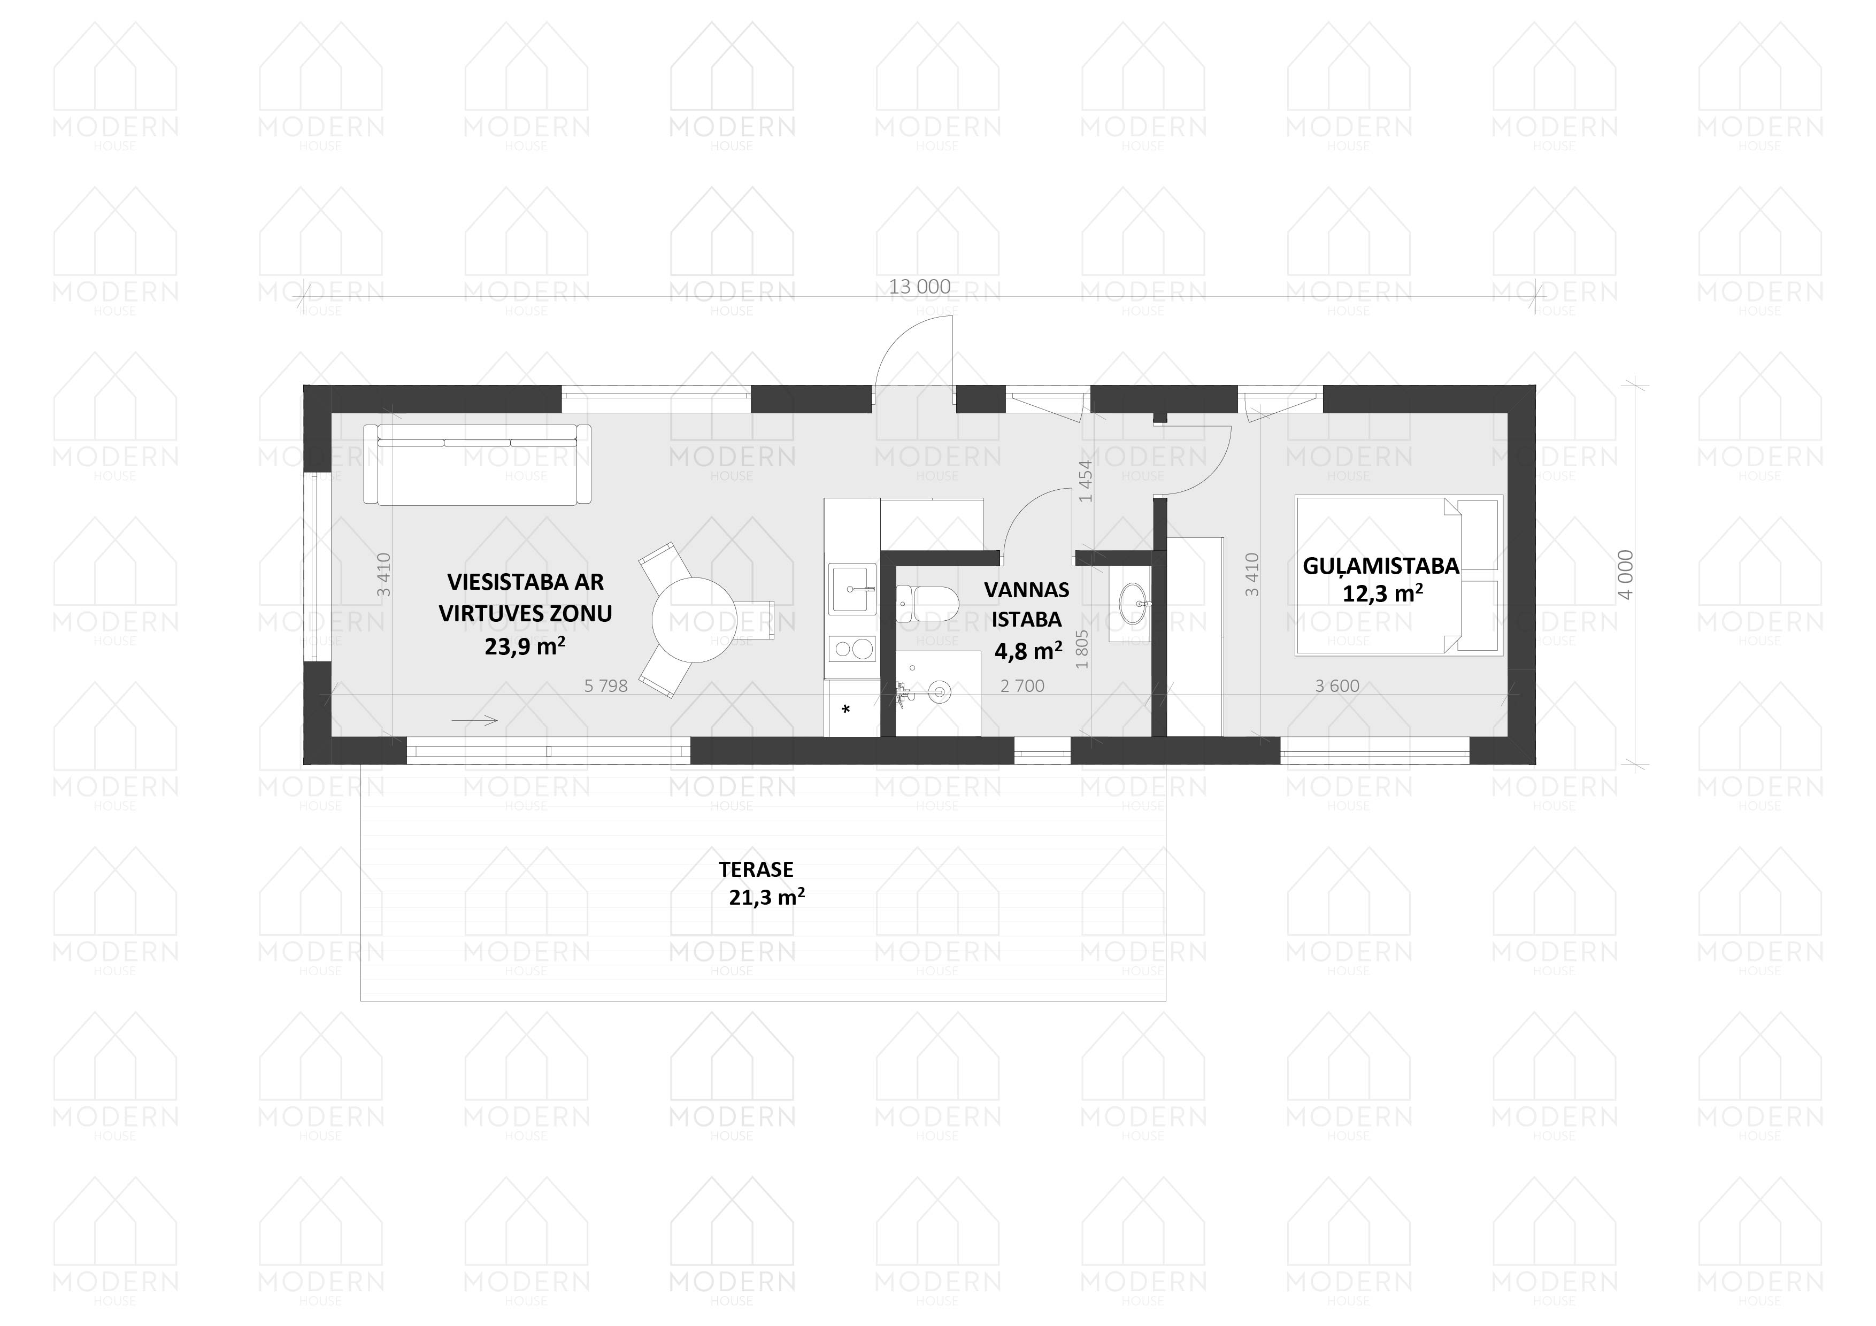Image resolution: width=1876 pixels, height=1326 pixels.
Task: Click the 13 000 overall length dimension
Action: [x=919, y=287]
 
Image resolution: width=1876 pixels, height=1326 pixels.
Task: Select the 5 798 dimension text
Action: [x=606, y=687]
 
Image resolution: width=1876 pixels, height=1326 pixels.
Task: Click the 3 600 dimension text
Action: [x=1337, y=687]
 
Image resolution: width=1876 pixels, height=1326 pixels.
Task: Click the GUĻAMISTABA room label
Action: [x=1381, y=565]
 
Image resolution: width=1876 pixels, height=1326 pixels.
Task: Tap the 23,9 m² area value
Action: [x=525, y=646]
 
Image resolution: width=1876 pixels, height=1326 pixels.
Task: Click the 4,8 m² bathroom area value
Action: [x=1028, y=651]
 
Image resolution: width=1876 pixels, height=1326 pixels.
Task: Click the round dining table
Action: [x=695, y=620]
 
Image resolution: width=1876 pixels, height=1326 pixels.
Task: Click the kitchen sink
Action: [x=852, y=588]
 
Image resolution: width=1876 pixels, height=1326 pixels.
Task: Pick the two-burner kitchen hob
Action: [x=852, y=650]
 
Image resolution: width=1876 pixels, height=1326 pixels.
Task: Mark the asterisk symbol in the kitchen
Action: [x=845, y=709]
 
